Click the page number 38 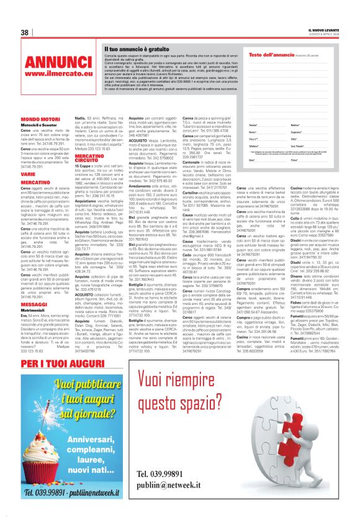pyautogui.click(x=25, y=32)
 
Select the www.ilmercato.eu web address pyautogui.click(x=51, y=74)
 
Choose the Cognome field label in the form pyautogui.click(x=295, y=132)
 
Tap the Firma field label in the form pyautogui.click(x=293, y=160)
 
